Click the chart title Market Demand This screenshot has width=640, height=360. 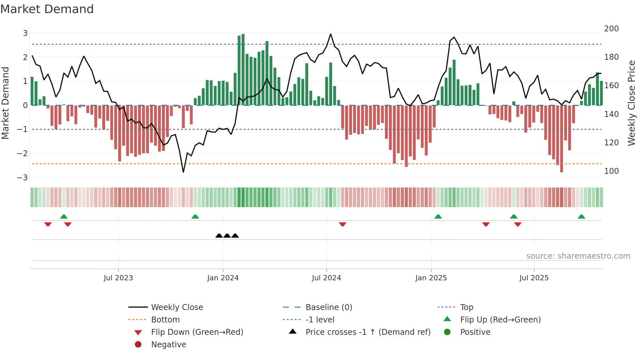point(47,9)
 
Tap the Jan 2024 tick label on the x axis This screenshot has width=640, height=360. point(223,278)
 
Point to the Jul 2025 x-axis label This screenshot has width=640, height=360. point(534,278)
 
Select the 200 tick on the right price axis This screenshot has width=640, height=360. point(611,29)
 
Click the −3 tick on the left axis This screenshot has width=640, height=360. point(23,178)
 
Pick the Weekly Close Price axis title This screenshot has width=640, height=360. point(632,103)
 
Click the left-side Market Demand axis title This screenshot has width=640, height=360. point(6,103)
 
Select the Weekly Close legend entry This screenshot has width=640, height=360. point(177,307)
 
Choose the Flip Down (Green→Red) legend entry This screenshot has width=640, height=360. point(197,332)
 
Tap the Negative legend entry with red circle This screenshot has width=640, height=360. point(168,345)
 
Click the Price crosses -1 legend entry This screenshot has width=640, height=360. point(368,332)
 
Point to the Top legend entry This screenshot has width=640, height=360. point(467,307)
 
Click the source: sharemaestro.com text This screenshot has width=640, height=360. point(578,256)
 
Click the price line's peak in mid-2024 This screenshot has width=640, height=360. point(330,34)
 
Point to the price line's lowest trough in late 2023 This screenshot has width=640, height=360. point(183,172)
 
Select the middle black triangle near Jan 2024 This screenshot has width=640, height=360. point(227,236)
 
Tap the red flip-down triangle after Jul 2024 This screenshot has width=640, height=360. point(343,224)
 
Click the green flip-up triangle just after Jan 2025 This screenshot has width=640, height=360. point(438,217)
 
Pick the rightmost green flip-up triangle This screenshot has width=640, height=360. point(581,217)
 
